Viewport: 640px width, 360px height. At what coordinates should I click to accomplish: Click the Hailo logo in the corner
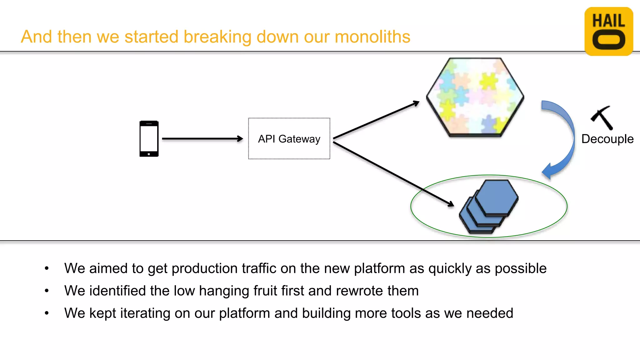pyautogui.click(x=608, y=32)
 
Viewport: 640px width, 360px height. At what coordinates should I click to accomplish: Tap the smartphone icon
pyautogui.click(x=149, y=139)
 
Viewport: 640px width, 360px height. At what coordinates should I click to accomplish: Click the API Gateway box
pyautogui.click(x=289, y=139)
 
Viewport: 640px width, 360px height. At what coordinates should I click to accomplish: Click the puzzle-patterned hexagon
pyautogui.click(x=475, y=97)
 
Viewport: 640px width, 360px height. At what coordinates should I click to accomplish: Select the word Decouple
pyautogui.click(x=607, y=139)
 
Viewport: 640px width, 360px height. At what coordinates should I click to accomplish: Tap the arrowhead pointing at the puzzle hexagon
pyautogui.click(x=416, y=103)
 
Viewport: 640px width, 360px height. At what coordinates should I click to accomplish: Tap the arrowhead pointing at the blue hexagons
pyautogui.click(x=451, y=204)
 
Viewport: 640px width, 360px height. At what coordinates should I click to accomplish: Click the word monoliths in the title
pyautogui.click(x=372, y=37)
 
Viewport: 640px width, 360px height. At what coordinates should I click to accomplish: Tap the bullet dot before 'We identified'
pyautogui.click(x=47, y=291)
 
